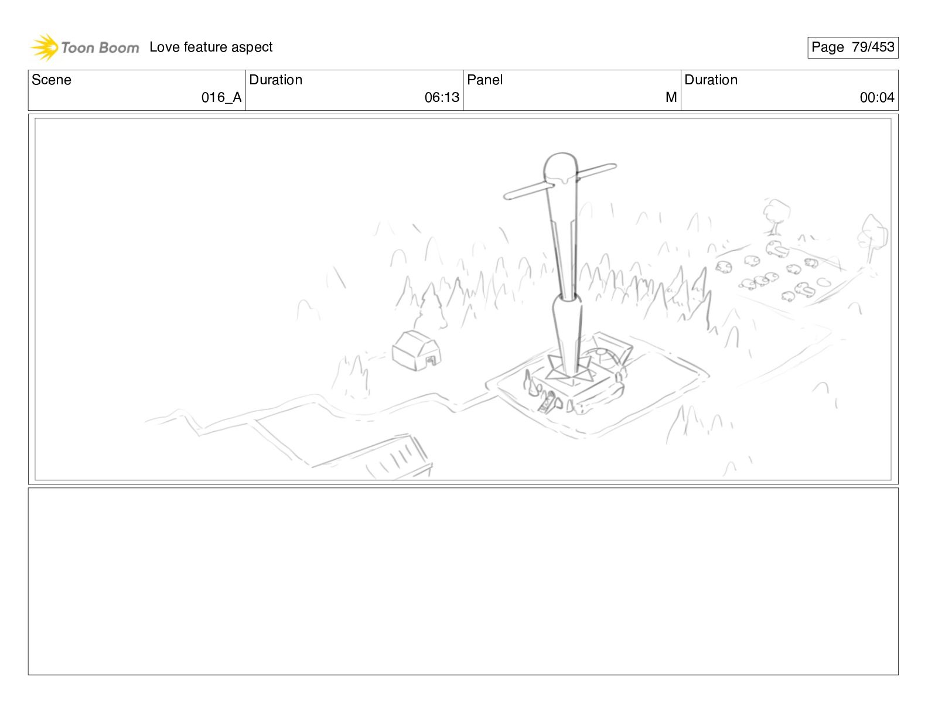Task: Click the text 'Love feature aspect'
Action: pos(211,47)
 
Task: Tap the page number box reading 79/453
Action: pos(853,47)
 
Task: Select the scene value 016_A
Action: pos(221,97)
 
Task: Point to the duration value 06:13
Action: pos(442,97)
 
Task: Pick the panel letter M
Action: pos(671,97)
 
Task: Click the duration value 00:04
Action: pos(877,97)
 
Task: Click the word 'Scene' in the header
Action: pos(51,80)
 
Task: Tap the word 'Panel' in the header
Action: pos(485,80)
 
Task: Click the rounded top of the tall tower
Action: pos(561,167)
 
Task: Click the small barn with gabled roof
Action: pos(417,350)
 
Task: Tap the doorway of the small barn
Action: pos(431,361)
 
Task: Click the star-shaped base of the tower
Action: pos(570,367)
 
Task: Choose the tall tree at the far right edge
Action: pos(872,238)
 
